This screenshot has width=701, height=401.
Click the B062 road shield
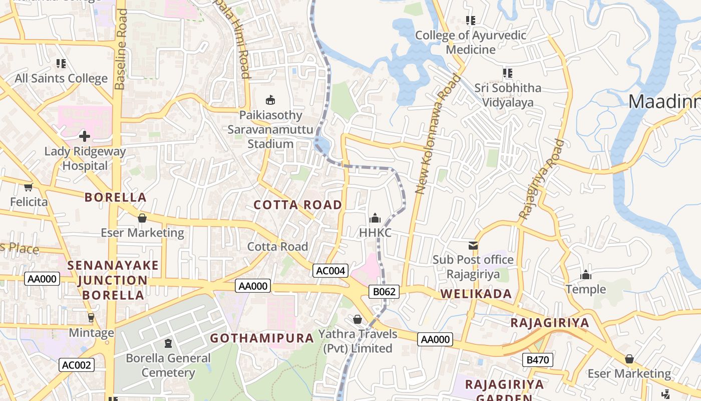coord(384,291)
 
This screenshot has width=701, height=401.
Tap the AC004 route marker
coord(330,271)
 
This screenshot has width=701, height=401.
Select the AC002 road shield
coord(76,365)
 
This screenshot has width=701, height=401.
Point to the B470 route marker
coord(538,359)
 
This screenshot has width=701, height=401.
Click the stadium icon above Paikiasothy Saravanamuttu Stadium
coord(270,100)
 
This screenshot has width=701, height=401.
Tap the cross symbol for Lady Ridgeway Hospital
coord(84,136)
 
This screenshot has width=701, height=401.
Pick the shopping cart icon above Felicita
coord(29,187)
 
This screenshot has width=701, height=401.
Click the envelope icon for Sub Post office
coord(473,245)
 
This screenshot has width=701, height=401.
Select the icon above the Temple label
coord(585,275)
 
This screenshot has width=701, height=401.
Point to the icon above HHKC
coord(375,218)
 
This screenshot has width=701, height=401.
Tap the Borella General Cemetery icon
coord(168,343)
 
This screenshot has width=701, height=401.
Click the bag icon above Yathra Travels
coord(358,319)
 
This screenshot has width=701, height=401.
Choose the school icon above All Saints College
coord(61,64)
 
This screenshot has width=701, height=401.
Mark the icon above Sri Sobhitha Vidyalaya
coord(508,73)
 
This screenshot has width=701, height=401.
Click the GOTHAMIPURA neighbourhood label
coord(262,338)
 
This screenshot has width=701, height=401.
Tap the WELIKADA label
coord(476,294)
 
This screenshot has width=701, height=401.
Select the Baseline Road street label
coord(121,49)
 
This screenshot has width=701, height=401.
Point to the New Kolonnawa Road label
coord(438,134)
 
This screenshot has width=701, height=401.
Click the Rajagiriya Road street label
coord(542,179)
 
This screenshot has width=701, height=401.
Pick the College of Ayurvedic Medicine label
coord(471,42)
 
